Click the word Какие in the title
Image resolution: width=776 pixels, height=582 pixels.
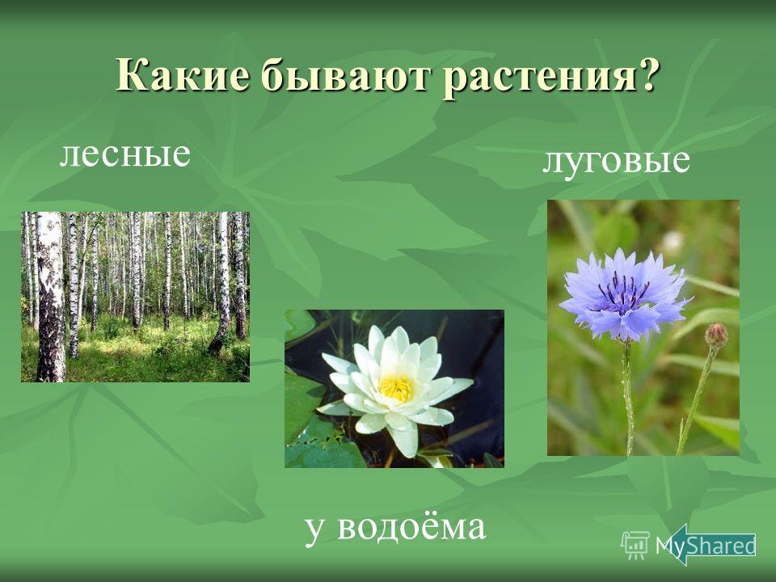pos(181,74)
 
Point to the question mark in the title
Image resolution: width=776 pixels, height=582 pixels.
pos(647,74)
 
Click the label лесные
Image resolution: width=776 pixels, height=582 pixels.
pos(124,154)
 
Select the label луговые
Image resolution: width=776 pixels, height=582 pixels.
pos(616,161)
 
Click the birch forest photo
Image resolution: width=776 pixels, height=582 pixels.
pos(135,297)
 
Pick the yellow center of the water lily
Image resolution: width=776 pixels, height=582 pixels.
pos(396,388)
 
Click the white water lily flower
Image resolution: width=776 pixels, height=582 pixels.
pos(394,388)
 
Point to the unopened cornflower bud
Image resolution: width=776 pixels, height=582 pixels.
pos(715,335)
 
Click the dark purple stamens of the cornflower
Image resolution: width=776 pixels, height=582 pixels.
pos(623,291)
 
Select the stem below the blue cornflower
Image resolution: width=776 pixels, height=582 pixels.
pos(629,398)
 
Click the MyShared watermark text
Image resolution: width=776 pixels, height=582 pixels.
pos(705,546)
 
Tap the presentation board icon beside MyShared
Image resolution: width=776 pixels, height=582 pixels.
pos(635,545)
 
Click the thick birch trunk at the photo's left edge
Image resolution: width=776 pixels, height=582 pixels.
pos(50,297)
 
